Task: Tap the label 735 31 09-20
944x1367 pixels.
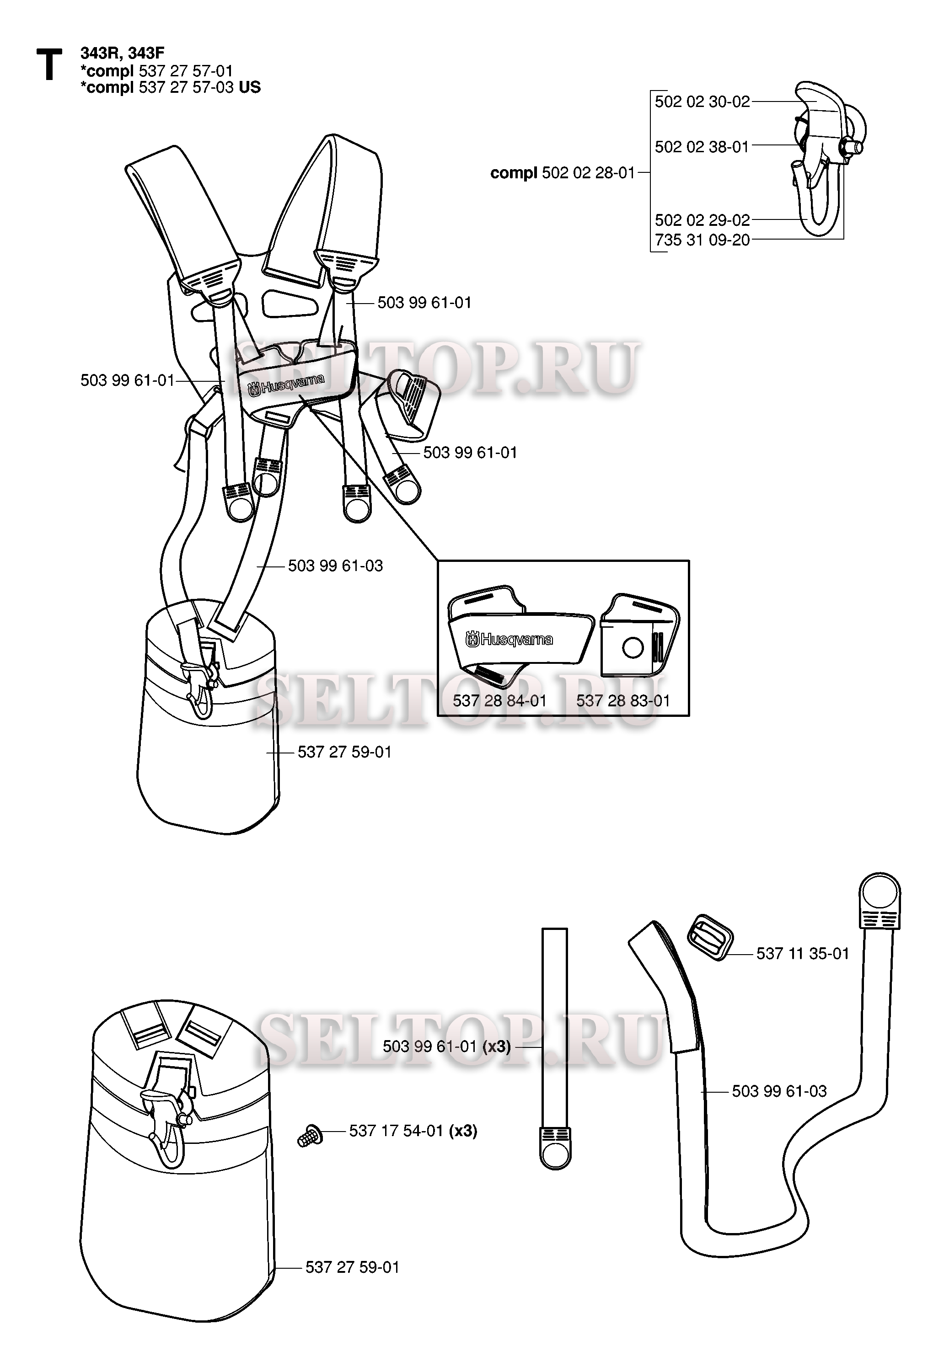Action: pyautogui.click(x=702, y=240)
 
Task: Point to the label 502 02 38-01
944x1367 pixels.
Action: pyautogui.click(x=702, y=147)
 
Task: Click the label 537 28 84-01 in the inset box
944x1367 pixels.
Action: pyautogui.click(x=500, y=701)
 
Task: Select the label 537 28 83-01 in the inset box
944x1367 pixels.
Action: pyautogui.click(x=623, y=701)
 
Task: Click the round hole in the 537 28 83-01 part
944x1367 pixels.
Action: pyautogui.click(x=633, y=648)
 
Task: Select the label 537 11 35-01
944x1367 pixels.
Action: pyautogui.click(x=803, y=954)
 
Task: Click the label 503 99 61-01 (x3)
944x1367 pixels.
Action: pyautogui.click(x=446, y=1047)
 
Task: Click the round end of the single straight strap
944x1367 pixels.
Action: pyautogui.click(x=555, y=1153)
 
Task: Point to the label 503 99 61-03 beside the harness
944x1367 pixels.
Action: pyautogui.click(x=335, y=566)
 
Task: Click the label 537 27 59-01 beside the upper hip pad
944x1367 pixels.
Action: pyautogui.click(x=344, y=752)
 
